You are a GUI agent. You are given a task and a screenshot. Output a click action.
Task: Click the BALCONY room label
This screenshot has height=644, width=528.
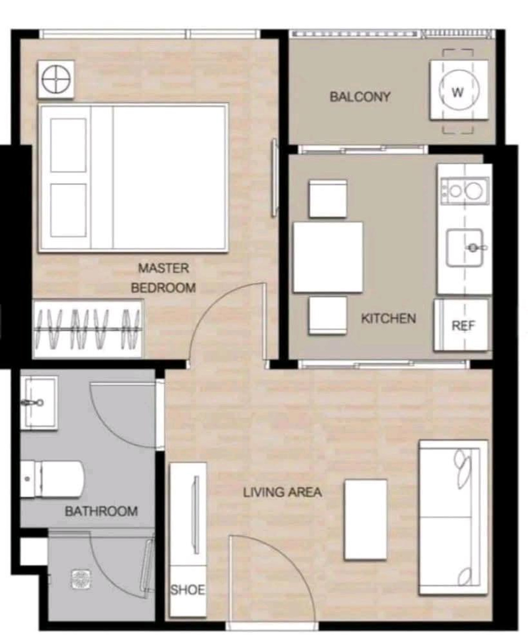point(360,97)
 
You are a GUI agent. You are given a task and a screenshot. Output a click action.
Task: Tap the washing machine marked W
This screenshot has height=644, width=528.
point(459,90)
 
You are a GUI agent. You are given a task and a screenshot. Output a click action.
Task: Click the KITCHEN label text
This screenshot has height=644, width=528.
point(389,319)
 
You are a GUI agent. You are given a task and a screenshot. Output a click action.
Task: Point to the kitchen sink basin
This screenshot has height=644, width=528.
point(465,247)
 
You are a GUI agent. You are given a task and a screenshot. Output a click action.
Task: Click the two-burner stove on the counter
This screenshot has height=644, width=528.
point(465,191)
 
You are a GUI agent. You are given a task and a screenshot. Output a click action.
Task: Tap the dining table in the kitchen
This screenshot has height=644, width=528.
point(328,257)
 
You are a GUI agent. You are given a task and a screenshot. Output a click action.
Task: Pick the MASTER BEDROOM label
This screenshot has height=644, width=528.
point(163,278)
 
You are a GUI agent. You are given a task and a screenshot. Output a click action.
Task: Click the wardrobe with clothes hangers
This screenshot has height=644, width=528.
point(88,329)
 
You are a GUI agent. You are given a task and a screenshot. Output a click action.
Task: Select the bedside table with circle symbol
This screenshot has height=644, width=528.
point(56,79)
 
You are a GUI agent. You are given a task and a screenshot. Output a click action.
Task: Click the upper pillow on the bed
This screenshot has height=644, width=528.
point(68,145)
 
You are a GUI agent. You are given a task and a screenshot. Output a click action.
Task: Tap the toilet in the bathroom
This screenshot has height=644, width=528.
point(52,479)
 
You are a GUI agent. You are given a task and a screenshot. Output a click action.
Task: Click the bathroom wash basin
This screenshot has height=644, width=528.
point(39,403)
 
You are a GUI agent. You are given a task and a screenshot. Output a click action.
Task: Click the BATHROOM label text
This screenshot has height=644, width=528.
point(101,511)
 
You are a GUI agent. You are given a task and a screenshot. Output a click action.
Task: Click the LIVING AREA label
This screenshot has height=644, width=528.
point(282,492)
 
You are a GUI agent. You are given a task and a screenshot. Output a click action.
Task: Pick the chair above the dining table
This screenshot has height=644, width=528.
point(328,199)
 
